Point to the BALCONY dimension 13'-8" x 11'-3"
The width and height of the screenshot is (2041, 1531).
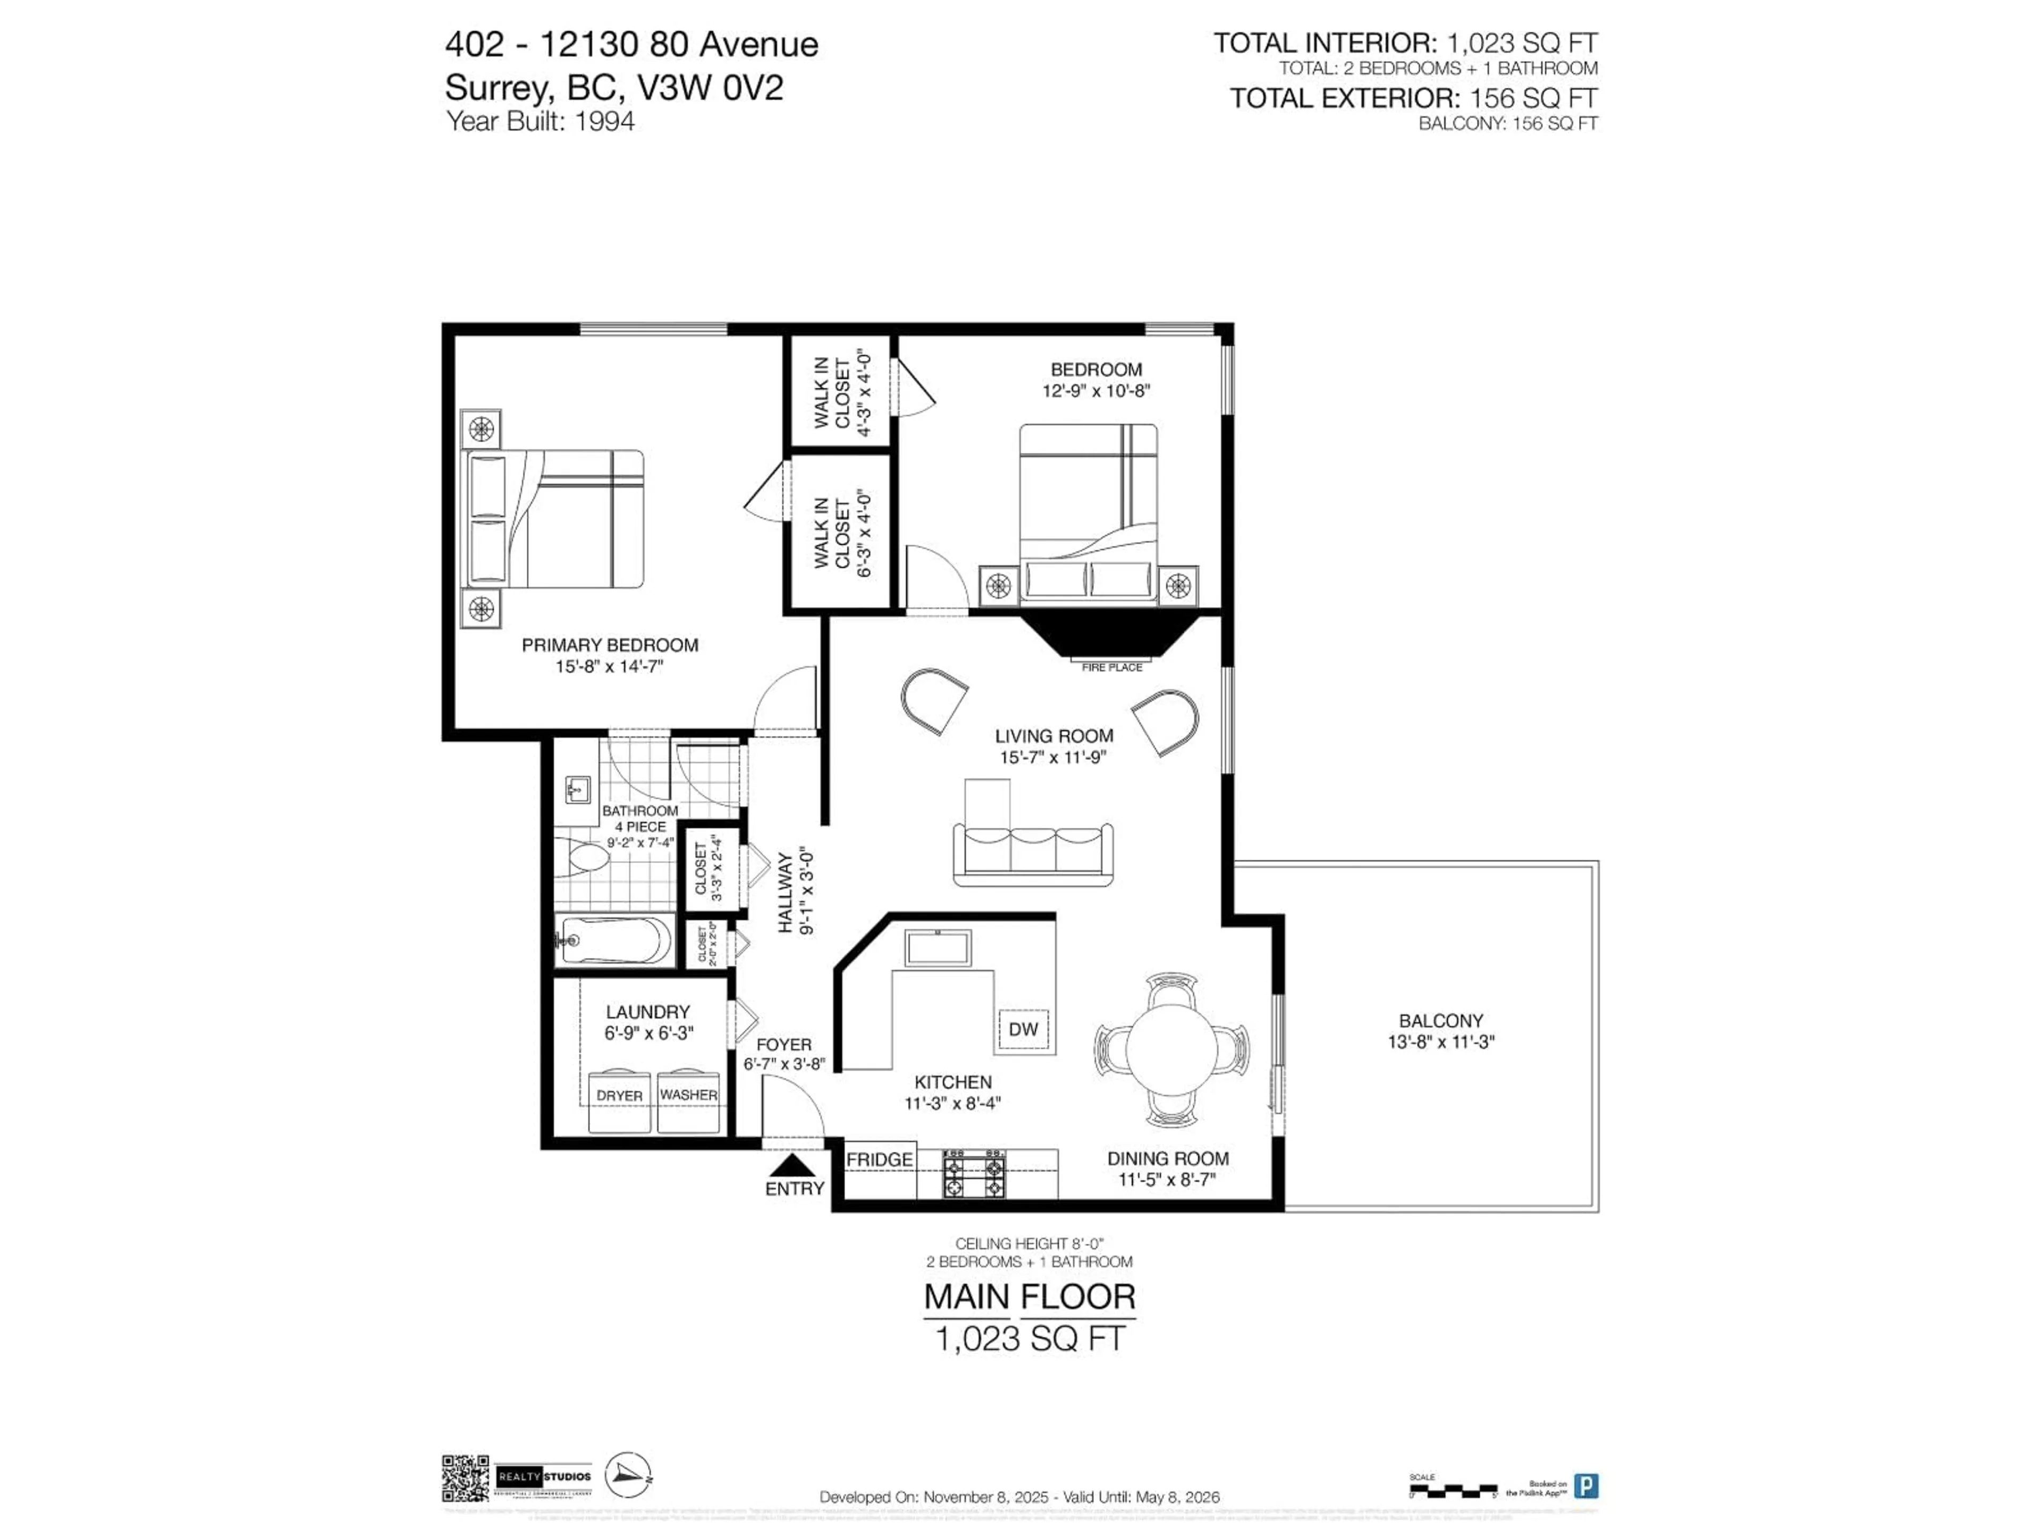[x=1440, y=1042]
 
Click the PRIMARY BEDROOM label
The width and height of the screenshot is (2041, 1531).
[x=610, y=645]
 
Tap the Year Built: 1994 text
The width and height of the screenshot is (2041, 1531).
[x=540, y=121]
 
